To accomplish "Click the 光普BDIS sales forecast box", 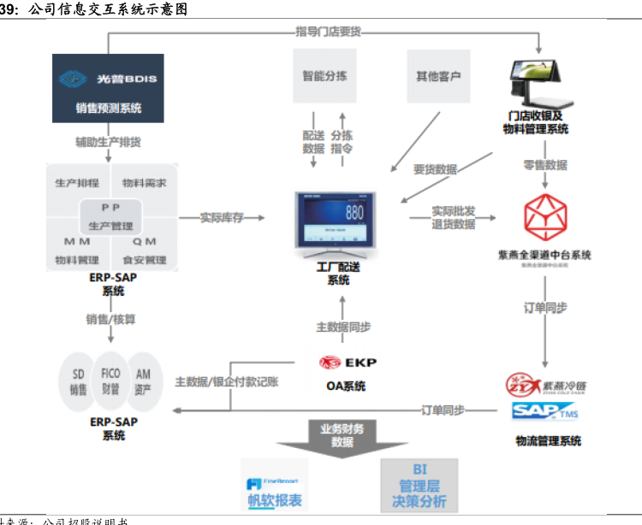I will click(x=109, y=89).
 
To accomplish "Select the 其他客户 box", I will click(x=439, y=76).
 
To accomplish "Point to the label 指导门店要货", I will click(x=329, y=32).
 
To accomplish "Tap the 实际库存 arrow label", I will click(x=222, y=218).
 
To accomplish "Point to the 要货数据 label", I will click(x=435, y=169).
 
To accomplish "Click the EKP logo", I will click(x=347, y=363).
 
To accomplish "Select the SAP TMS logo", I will click(x=544, y=412).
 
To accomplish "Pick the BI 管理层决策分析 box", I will click(x=419, y=486).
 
